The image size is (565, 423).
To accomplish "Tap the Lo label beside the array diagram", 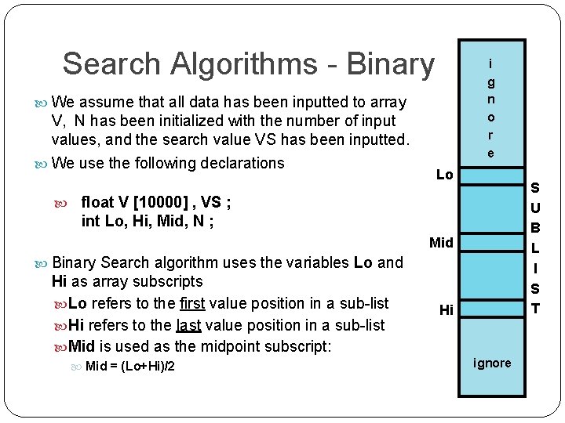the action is (444, 175).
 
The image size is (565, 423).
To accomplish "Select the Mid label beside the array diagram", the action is (441, 243).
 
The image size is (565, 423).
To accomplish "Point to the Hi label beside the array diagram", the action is (446, 310).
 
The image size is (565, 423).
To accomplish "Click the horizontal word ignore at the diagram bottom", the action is (492, 363).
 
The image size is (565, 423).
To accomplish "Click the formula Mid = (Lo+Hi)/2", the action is (129, 366).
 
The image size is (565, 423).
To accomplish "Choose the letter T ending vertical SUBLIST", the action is (535, 308).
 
